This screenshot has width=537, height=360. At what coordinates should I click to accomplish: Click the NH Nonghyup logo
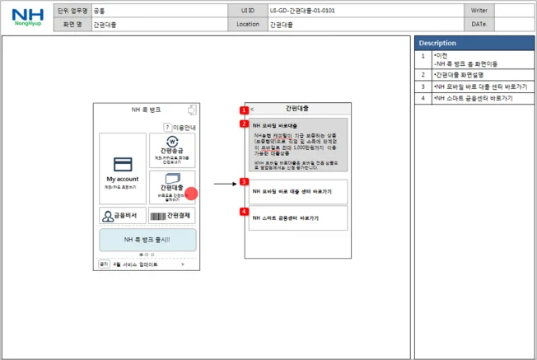coord(27,17)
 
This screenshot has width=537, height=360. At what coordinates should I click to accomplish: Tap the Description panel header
coord(474,42)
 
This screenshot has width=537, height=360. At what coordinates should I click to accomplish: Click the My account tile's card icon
coord(123,163)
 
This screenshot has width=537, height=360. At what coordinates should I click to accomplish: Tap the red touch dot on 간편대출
coord(191,194)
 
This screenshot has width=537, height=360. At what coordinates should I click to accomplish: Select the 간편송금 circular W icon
coord(172,141)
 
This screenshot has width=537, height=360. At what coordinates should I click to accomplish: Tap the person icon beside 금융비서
coord(108,216)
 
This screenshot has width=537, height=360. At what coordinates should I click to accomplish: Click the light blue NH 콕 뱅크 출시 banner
coord(147,240)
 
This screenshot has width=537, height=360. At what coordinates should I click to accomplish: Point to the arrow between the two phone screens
coord(224,185)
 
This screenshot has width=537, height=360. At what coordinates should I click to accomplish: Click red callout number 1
coord(244,110)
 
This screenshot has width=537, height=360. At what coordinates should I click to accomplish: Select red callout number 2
coord(244,124)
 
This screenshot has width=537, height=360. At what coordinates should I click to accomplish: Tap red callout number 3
coord(244,181)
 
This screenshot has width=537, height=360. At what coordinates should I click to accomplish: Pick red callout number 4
coord(244,211)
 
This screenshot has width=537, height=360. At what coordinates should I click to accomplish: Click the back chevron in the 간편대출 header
coord(252,109)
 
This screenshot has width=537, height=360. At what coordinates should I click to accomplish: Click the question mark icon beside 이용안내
coord(167,127)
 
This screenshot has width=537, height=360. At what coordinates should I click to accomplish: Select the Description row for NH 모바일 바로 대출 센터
coord(474,86)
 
